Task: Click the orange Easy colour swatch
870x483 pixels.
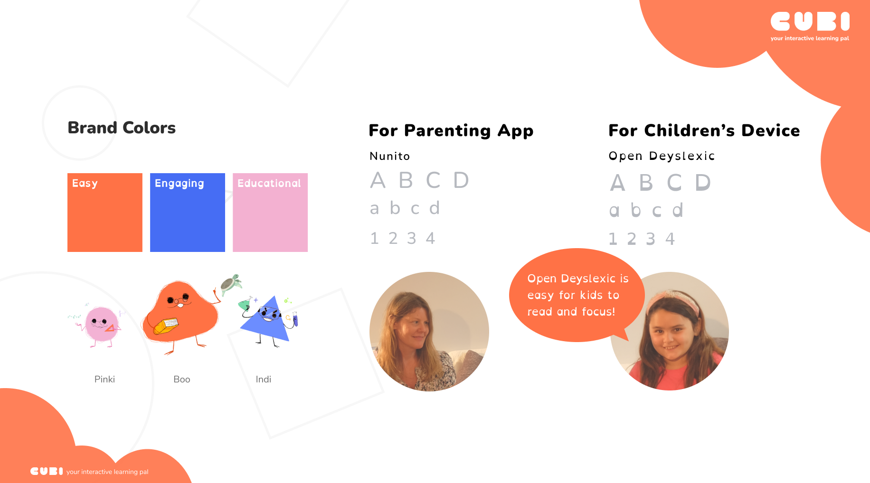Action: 105,213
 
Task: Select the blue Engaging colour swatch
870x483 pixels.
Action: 188,213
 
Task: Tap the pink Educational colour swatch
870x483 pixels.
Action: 270,213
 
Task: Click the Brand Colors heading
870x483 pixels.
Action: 122,128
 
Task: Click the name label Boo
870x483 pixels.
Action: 182,379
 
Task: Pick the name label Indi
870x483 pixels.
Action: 264,379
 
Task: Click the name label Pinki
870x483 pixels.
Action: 104,379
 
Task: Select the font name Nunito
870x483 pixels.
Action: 390,156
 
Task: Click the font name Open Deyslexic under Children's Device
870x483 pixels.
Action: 662,156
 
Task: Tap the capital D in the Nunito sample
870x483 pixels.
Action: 461,180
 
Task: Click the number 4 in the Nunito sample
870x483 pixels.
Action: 430,238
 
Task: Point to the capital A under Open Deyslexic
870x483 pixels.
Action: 618,183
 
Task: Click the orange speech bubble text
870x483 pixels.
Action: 577,295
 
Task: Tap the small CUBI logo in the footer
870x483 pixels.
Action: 47,471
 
